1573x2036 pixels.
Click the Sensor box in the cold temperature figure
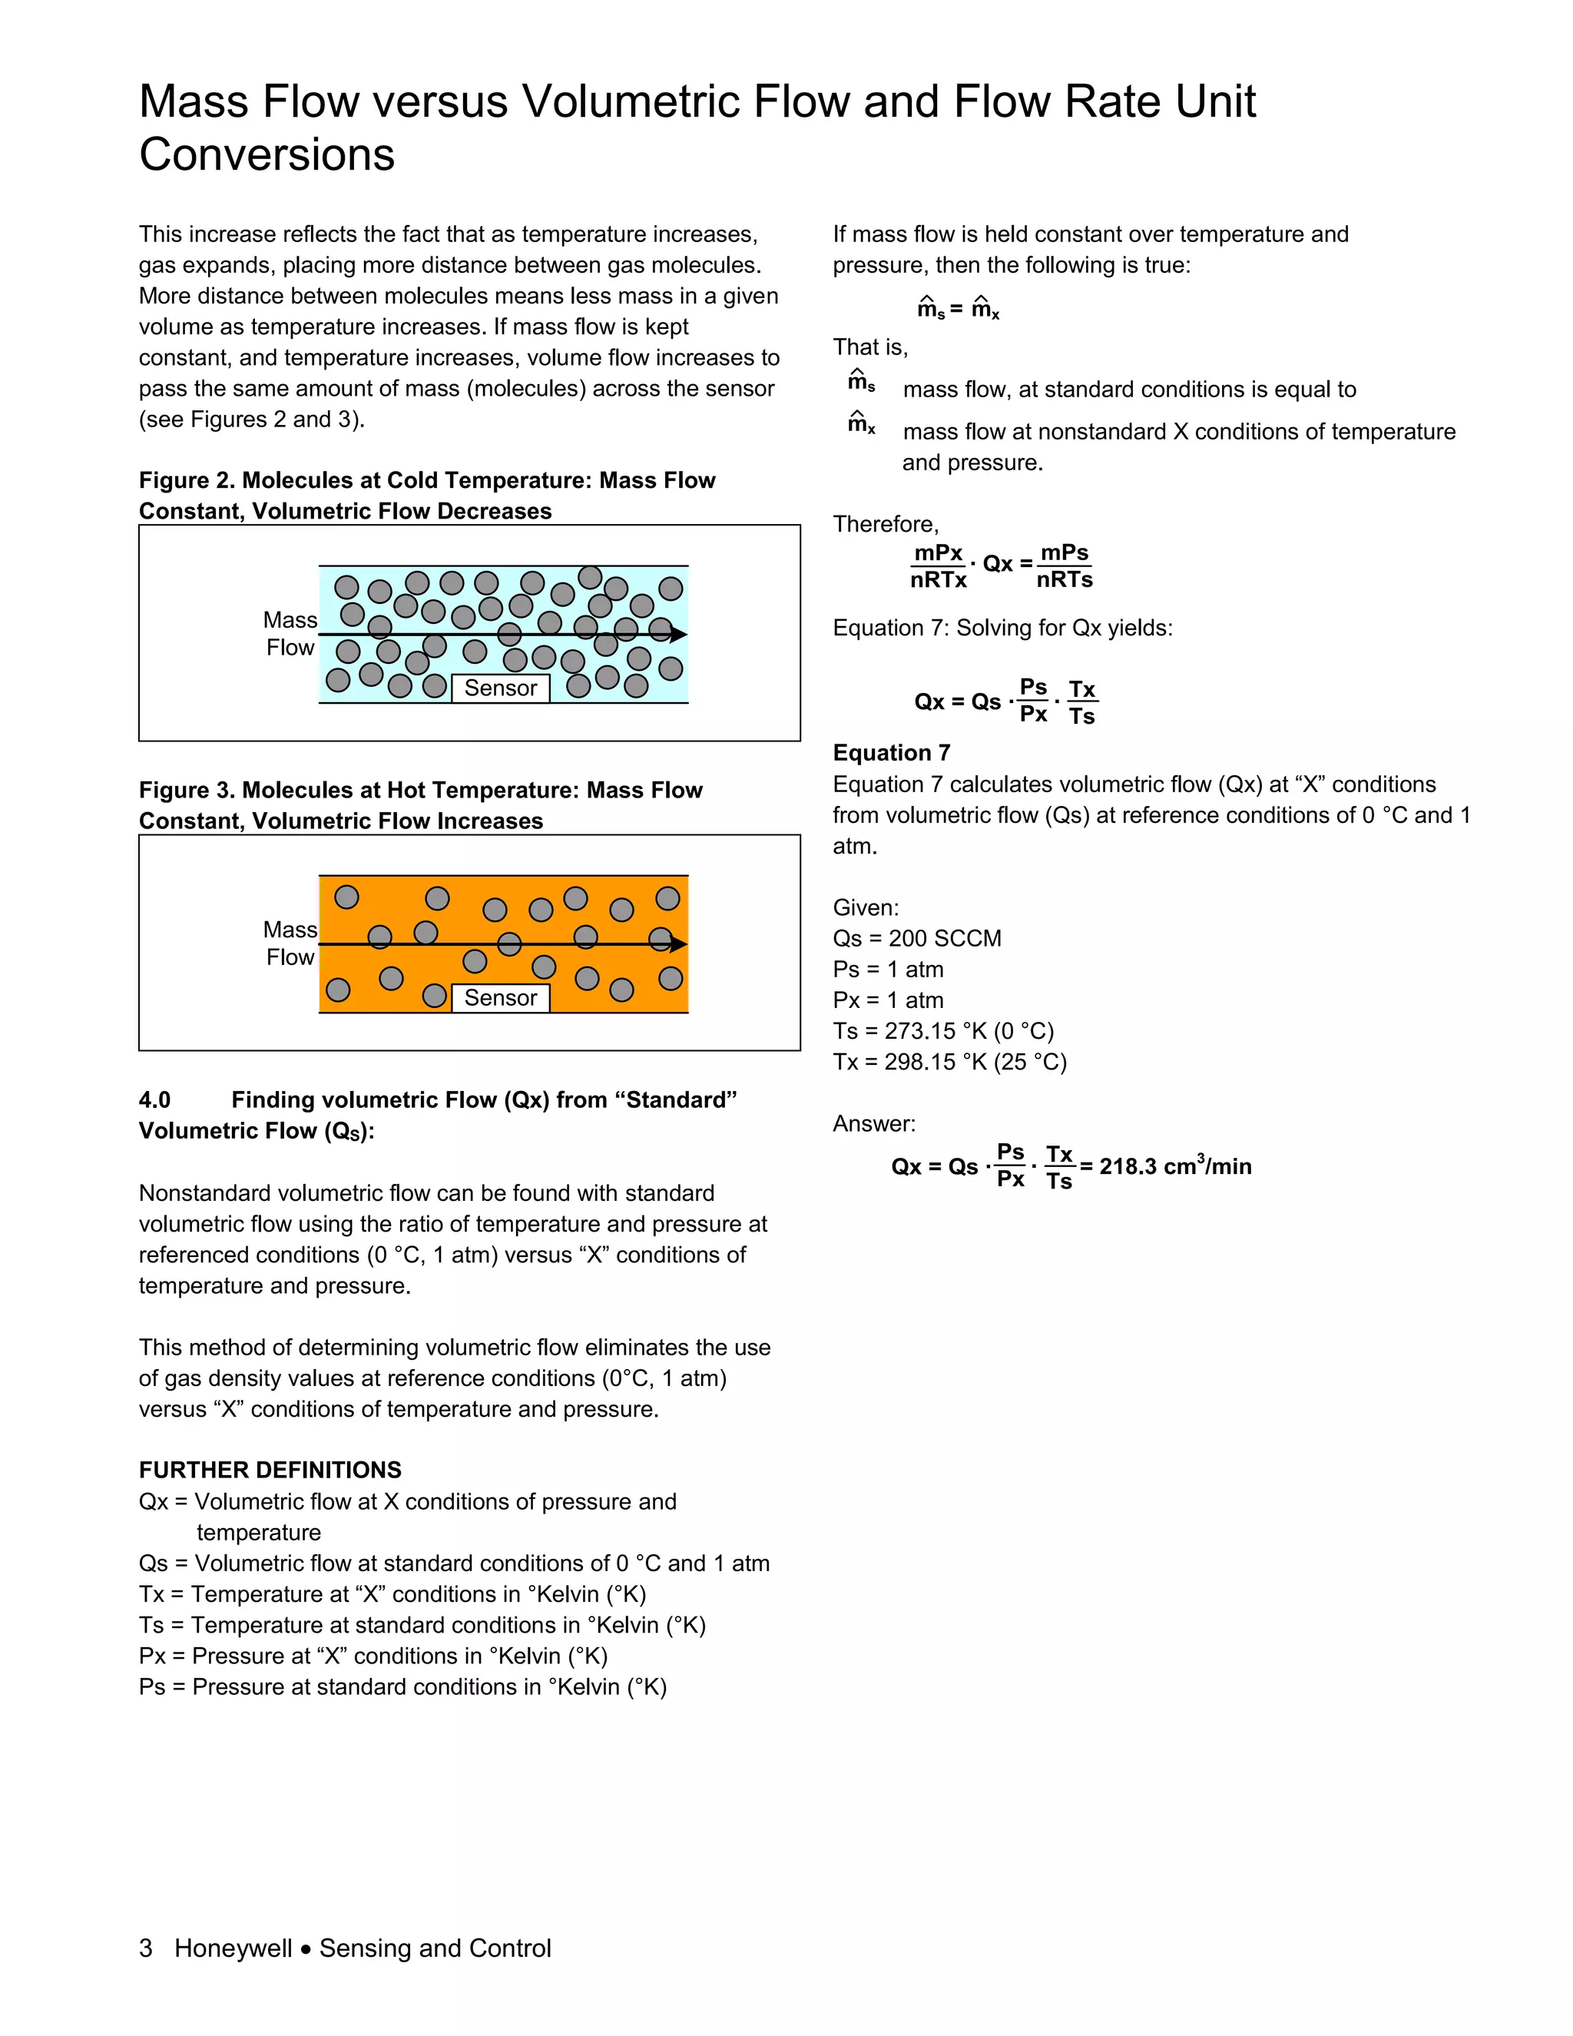coord(501,688)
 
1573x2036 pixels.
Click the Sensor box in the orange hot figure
coord(501,997)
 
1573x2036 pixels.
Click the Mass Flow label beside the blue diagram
coord(290,634)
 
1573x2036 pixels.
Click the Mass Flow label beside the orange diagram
coord(290,943)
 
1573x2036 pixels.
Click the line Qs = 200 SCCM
coord(917,938)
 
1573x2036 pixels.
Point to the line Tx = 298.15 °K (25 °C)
coord(949,1062)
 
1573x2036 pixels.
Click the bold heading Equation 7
coord(891,752)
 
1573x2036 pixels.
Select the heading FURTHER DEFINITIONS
coord(270,1470)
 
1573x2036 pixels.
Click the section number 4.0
coord(154,1100)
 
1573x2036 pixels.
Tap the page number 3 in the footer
coord(145,1948)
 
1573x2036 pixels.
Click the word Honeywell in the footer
coord(233,1948)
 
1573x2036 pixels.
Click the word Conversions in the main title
coord(267,154)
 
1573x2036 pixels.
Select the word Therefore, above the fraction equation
coord(886,524)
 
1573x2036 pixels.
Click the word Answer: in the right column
coord(874,1123)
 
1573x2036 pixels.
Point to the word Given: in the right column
coord(866,907)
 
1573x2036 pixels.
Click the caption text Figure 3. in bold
coord(187,790)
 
